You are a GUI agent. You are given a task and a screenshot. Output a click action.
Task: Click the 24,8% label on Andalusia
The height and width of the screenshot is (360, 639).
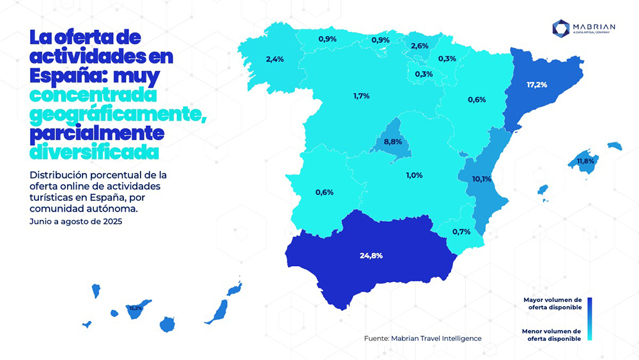(x=371, y=255)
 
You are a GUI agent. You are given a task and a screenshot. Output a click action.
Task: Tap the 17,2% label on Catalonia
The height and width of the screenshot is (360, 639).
(x=537, y=84)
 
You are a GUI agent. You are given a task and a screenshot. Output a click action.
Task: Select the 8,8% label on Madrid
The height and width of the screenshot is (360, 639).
(x=392, y=141)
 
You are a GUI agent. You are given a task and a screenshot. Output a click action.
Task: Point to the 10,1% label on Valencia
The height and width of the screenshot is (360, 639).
(x=481, y=179)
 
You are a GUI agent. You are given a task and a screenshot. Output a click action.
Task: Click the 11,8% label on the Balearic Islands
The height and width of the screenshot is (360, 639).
(x=585, y=161)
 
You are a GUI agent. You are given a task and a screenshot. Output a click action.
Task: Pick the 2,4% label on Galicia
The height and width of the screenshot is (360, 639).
(x=274, y=59)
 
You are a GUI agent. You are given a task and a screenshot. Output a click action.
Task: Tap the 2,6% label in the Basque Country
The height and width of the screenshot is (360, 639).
(x=419, y=46)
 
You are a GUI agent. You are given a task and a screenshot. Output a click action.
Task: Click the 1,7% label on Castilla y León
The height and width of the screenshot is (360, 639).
(x=361, y=96)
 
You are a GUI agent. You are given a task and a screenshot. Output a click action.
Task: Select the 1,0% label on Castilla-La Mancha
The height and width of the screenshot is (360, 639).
(x=414, y=175)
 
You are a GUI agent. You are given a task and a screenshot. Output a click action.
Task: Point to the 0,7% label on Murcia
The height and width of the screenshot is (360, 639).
(x=461, y=231)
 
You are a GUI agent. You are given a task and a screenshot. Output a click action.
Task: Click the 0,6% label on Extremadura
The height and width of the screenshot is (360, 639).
(x=324, y=192)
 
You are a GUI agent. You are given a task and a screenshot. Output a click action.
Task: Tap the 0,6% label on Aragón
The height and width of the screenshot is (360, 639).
(x=477, y=99)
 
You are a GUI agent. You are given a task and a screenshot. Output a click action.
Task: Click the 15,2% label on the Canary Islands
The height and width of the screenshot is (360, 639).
(x=135, y=308)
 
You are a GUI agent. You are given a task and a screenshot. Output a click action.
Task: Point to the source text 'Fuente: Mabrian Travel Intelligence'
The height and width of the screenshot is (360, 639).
(x=422, y=338)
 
